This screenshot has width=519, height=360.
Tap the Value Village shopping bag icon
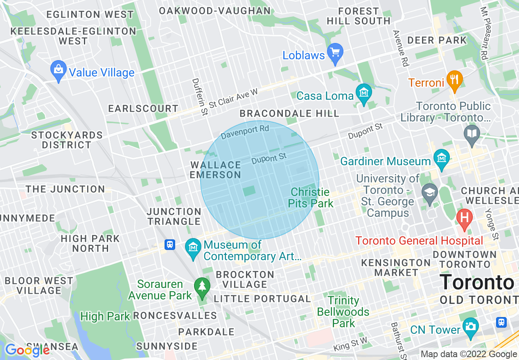coord(59,70)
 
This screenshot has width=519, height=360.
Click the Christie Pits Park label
coord(310,198)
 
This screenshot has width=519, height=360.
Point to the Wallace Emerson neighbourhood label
coord(215,170)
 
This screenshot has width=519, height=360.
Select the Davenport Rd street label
coord(245,132)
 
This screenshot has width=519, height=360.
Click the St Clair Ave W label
coord(233,98)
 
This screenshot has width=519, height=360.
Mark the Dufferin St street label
coord(200,97)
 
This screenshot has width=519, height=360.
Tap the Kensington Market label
coord(396,267)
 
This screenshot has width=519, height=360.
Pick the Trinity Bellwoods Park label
coord(343,312)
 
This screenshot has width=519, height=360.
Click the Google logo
coord(27,350)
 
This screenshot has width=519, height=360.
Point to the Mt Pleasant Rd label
coord(485,33)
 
